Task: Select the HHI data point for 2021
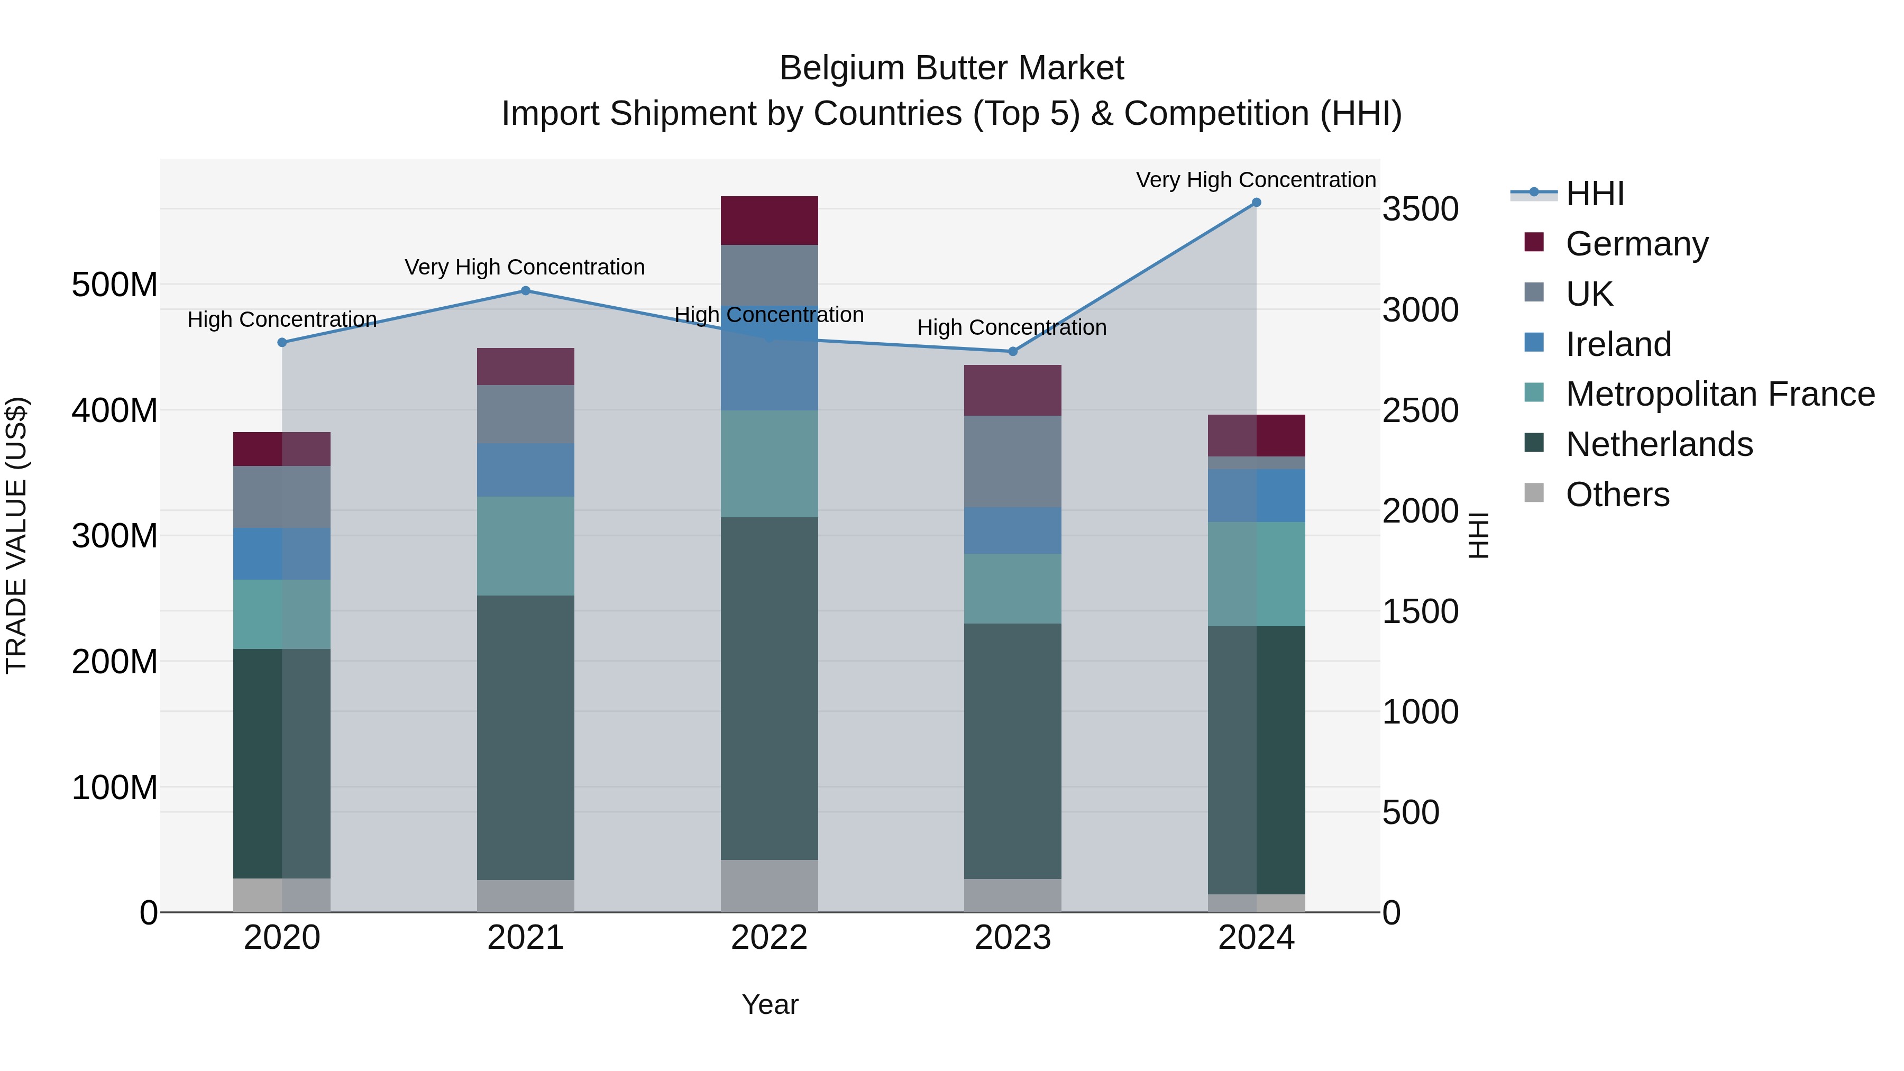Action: click(526, 290)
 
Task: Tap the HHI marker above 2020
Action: click(281, 342)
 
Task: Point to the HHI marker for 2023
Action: click(1013, 351)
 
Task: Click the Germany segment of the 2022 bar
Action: click(768, 220)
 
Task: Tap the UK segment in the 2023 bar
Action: click(1013, 461)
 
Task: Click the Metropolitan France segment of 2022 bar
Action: click(768, 463)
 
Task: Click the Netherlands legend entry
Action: click(1659, 444)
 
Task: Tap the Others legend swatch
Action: click(1534, 493)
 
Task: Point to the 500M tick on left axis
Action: click(115, 285)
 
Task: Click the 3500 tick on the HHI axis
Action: click(1420, 209)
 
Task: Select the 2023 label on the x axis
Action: click(1013, 938)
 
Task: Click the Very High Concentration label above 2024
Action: click(1255, 180)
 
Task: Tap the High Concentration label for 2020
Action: click(281, 319)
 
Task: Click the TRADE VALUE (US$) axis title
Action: click(16, 535)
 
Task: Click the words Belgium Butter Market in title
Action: click(951, 68)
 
